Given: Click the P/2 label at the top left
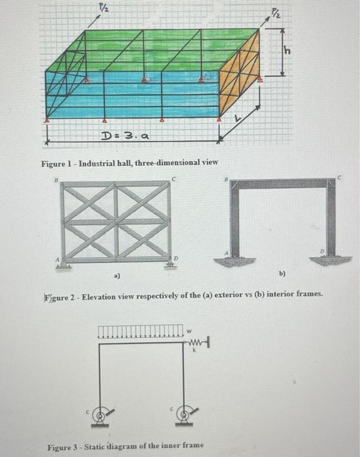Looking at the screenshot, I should pos(103,8).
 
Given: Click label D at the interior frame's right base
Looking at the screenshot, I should pos(322,251).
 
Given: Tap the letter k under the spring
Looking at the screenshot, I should pos(195,351).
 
